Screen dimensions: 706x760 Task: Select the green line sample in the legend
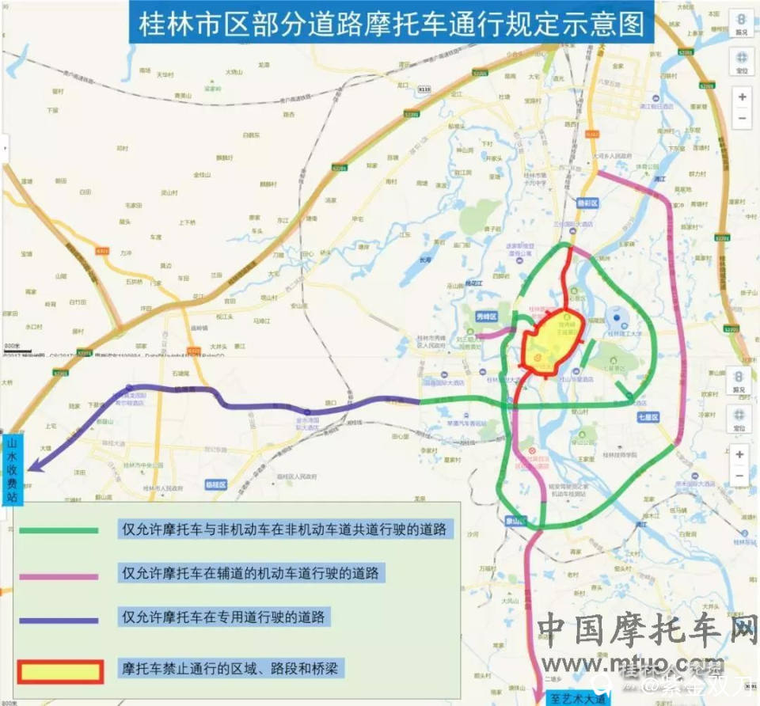(60, 529)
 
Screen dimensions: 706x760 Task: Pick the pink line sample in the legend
(60, 575)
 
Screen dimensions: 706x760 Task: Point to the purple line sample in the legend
(60, 620)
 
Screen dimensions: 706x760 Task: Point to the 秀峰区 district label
(485, 317)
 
